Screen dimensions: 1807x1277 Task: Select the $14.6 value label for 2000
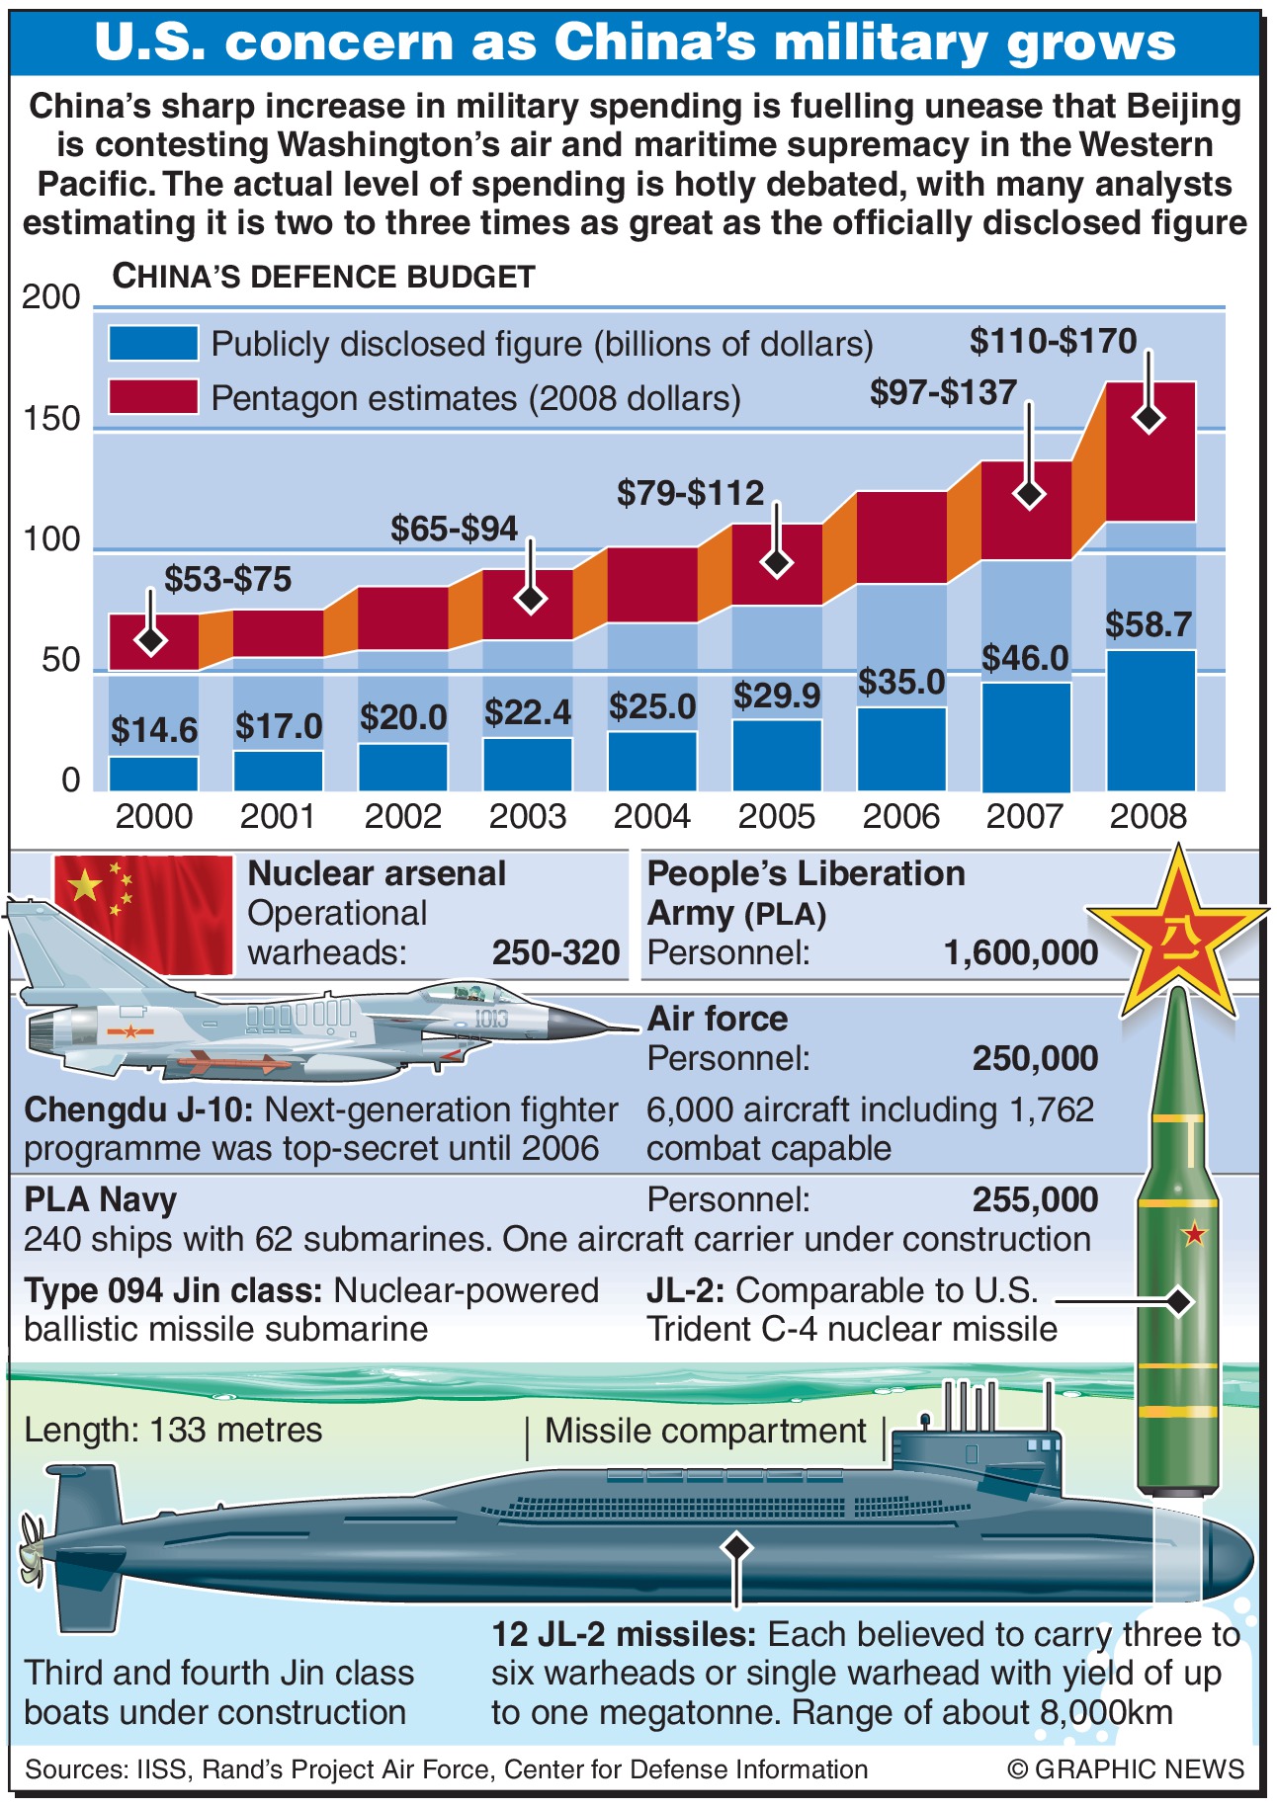coord(153,730)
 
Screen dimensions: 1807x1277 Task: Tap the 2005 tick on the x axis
coord(776,817)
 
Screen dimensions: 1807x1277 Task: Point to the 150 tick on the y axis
coord(50,419)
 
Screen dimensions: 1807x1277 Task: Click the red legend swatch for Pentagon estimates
coord(153,397)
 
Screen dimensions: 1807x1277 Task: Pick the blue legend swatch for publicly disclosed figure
coord(153,343)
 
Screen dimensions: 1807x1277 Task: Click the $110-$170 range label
coord(1053,341)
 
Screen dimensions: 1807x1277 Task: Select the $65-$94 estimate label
coord(454,529)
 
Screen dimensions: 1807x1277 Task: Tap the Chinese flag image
coord(143,914)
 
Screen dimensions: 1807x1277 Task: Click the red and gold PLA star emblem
coord(1177,934)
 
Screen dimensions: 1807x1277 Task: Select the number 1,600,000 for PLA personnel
coord(1020,953)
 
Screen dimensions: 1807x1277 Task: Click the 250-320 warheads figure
coord(555,953)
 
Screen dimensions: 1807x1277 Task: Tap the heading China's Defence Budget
coord(323,277)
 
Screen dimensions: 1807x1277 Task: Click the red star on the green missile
coord(1195,1233)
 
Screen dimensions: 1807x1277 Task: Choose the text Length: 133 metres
coord(173,1430)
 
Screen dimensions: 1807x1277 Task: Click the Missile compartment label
coord(705,1431)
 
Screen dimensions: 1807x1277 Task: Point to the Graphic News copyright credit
coord(1126,1768)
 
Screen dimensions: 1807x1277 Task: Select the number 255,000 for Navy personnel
coord(1035,1199)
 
